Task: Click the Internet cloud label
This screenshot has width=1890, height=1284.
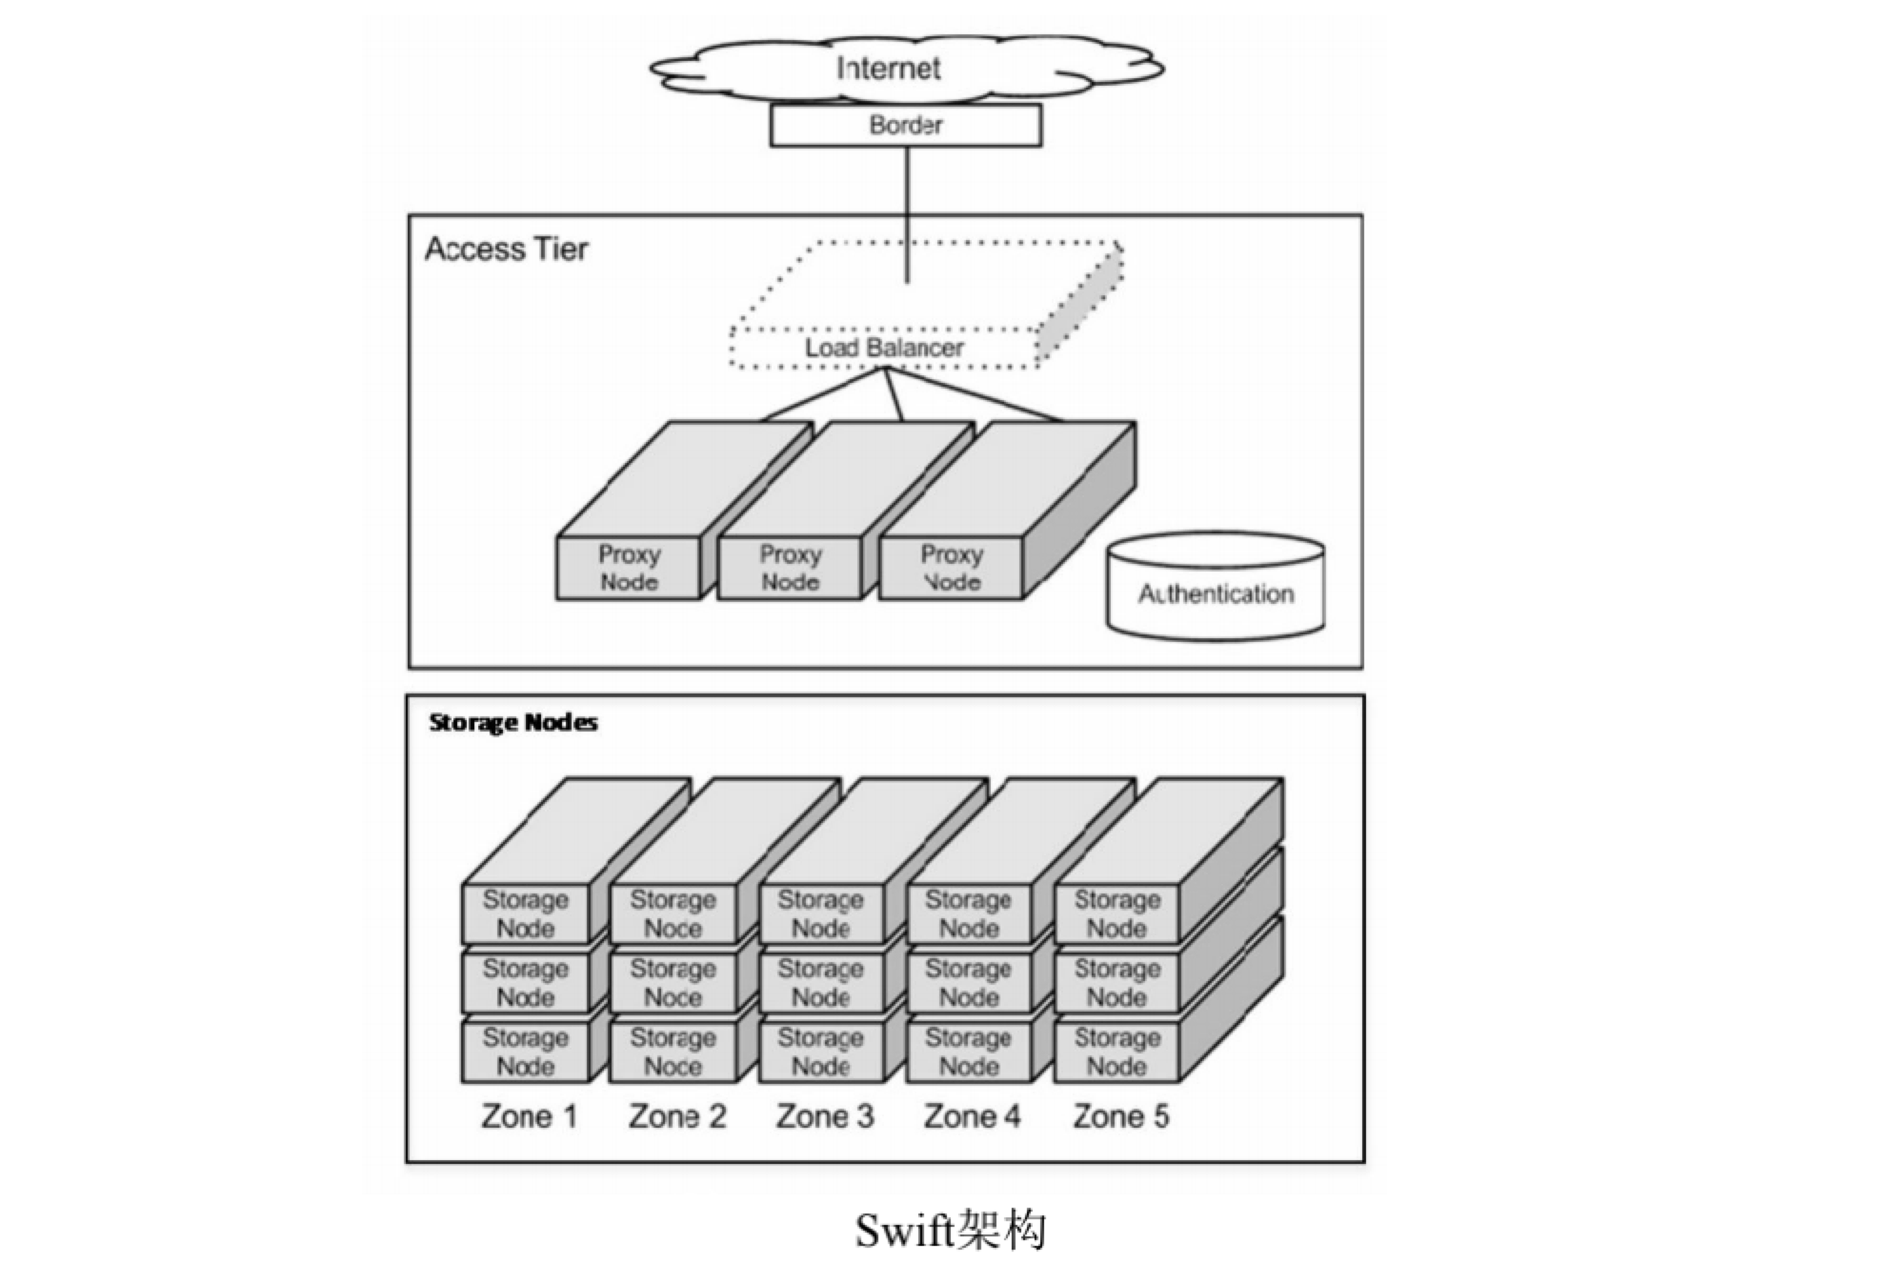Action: (x=888, y=68)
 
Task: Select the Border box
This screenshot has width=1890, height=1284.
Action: (x=905, y=126)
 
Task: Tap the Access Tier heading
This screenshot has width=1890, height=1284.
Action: (x=506, y=249)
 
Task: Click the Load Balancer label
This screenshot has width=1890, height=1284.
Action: (x=884, y=348)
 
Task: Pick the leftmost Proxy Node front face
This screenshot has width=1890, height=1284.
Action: (x=629, y=568)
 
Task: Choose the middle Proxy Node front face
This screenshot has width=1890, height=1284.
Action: (x=790, y=568)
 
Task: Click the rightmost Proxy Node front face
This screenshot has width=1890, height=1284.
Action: (x=951, y=568)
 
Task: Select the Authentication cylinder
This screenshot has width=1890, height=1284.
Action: (x=1216, y=592)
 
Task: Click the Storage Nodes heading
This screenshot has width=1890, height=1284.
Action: (x=513, y=722)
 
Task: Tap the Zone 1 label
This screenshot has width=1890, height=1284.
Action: (x=530, y=1115)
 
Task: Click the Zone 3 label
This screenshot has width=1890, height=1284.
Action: (x=824, y=1115)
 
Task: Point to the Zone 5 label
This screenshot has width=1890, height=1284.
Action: (x=1120, y=1115)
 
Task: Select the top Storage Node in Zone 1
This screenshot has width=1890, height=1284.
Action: (x=525, y=913)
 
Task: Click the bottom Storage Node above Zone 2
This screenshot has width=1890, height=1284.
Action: (x=673, y=1052)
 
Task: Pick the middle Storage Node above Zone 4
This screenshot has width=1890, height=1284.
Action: (x=968, y=982)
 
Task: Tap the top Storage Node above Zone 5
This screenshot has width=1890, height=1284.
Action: (x=1116, y=913)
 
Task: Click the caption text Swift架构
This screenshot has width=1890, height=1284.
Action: (x=950, y=1230)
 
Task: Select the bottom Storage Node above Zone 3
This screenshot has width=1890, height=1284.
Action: (x=820, y=1052)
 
